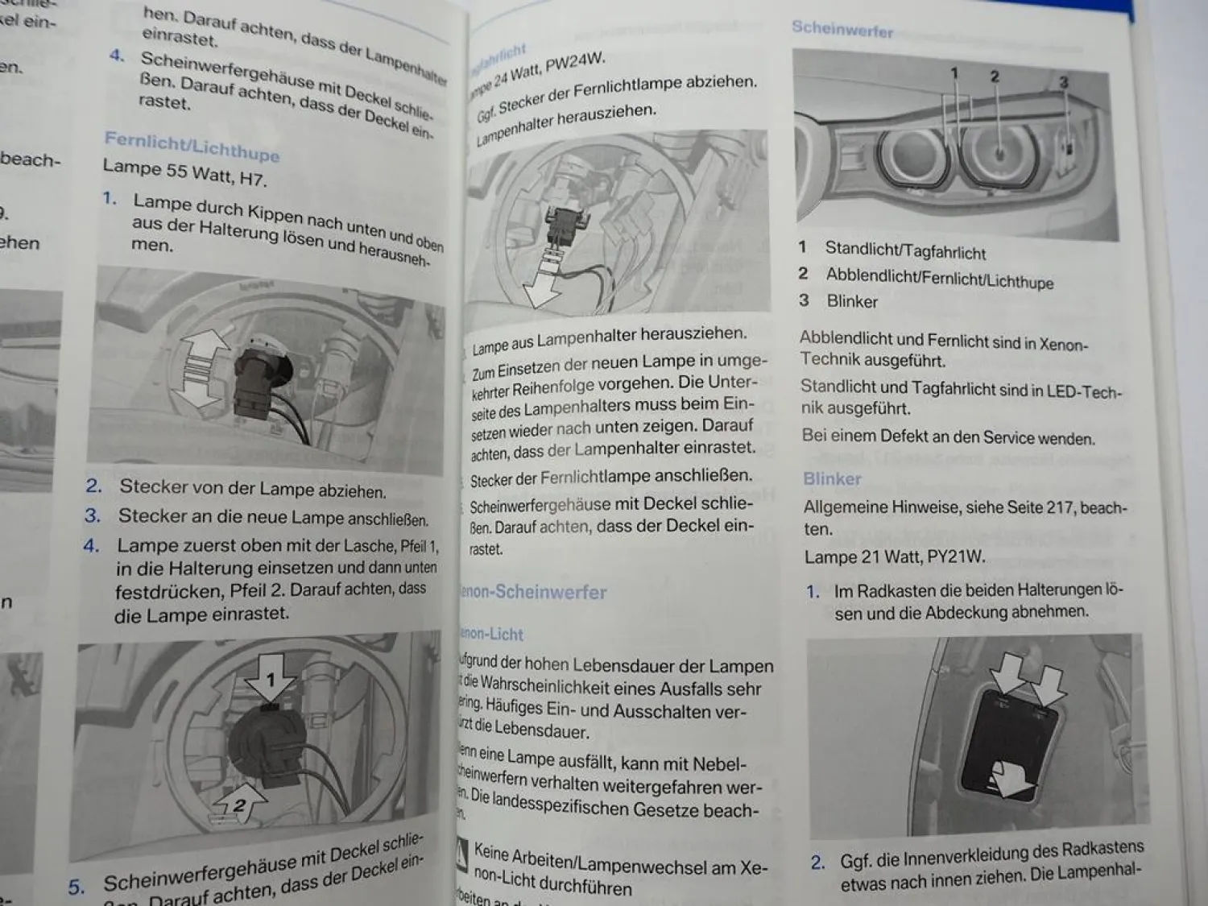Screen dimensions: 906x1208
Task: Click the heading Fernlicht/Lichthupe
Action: pyautogui.click(x=192, y=146)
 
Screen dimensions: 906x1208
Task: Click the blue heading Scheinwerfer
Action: pyautogui.click(x=842, y=30)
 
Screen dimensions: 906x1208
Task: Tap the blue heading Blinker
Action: pyautogui.click(x=832, y=478)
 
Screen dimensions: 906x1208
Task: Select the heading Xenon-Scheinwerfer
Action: pyautogui.click(x=533, y=592)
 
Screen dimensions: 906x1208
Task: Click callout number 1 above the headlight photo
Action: pyautogui.click(x=954, y=74)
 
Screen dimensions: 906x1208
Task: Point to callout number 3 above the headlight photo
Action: pyautogui.click(x=1063, y=82)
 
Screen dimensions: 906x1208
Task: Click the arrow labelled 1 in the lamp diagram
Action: pyautogui.click(x=270, y=676)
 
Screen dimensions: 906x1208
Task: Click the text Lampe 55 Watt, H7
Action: pyautogui.click(x=184, y=172)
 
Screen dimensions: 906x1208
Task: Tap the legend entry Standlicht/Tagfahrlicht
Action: pyautogui.click(x=904, y=251)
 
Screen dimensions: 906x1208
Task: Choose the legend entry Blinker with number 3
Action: pyautogui.click(x=851, y=301)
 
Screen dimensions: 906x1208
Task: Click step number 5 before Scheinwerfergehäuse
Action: pyautogui.click(x=76, y=887)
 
